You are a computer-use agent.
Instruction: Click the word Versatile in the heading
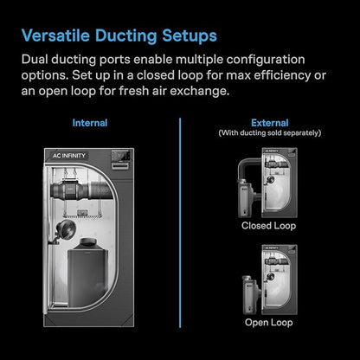(55, 35)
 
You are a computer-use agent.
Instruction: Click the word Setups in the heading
(190, 36)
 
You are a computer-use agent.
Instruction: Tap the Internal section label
(90, 123)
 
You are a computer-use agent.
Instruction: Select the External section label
(270, 123)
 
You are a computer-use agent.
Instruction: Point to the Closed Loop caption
(269, 226)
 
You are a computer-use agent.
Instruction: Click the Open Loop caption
(269, 322)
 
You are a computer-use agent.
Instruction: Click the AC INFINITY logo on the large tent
(69, 156)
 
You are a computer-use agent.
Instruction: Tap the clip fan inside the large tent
(65, 229)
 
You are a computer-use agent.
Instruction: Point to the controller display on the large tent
(120, 159)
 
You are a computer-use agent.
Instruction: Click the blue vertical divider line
(180, 222)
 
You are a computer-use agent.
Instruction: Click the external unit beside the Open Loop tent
(250, 295)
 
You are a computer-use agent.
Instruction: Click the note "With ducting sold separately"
(270, 133)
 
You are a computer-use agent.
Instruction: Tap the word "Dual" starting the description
(35, 60)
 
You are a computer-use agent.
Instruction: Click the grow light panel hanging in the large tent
(82, 215)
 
